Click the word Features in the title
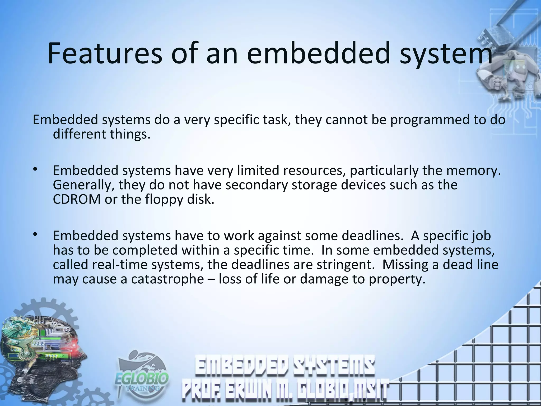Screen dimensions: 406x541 105,53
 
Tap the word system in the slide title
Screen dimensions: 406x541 446,54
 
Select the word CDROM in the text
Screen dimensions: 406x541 77,199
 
